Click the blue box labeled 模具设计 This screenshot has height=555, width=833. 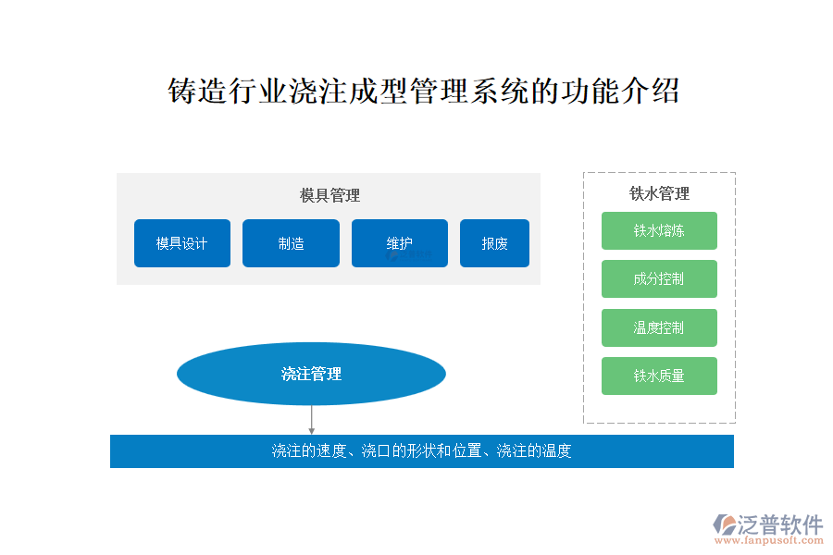(182, 243)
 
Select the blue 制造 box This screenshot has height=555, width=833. (292, 243)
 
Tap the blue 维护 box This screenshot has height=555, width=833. (400, 243)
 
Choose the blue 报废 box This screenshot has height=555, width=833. (494, 243)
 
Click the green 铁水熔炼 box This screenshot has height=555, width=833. (659, 230)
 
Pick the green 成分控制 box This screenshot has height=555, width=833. (659, 278)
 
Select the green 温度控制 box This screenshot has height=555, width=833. (659, 327)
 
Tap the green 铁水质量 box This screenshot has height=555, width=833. (659, 376)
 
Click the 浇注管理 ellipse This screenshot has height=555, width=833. (311, 374)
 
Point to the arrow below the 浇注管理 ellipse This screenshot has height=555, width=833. (311, 420)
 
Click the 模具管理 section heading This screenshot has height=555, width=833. (329, 195)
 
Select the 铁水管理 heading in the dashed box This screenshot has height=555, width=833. (659, 193)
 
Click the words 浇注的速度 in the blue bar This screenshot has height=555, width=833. (308, 450)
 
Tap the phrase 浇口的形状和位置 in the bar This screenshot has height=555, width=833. (421, 450)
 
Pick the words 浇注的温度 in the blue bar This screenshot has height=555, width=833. (534, 450)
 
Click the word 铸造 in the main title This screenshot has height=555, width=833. (198, 91)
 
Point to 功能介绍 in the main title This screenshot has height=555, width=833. (620, 91)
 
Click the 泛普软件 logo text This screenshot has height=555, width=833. (780, 524)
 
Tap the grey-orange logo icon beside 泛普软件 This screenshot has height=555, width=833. (725, 524)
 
